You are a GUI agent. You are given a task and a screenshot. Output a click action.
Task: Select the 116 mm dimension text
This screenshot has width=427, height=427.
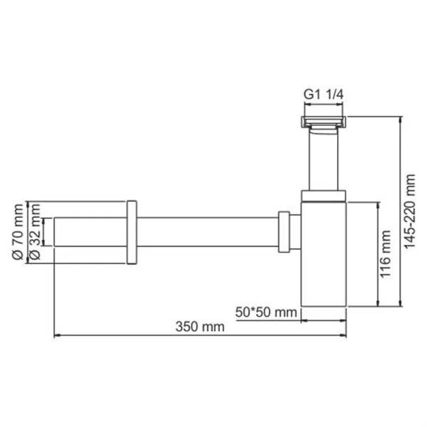point(385,254)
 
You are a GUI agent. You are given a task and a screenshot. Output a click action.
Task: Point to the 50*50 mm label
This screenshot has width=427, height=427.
point(265,312)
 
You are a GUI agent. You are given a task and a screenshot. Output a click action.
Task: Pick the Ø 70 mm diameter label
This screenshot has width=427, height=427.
point(18,233)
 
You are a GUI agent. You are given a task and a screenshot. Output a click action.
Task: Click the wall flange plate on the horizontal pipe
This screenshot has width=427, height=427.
point(132,233)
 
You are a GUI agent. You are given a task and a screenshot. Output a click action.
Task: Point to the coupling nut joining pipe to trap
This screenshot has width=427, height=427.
point(284,232)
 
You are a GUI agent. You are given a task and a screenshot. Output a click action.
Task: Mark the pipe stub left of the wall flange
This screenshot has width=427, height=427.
point(90,232)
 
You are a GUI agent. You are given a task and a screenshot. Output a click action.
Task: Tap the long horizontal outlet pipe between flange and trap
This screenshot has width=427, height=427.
point(206,232)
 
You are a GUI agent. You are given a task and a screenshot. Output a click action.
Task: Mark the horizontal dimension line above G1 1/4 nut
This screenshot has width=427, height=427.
point(324,107)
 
